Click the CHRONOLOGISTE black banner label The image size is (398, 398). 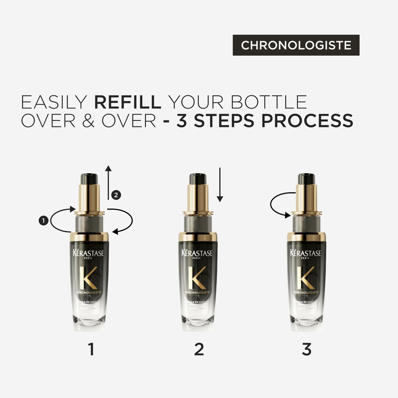pyautogui.click(x=296, y=45)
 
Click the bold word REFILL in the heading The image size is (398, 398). pyautogui.click(x=128, y=102)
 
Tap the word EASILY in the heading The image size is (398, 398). pyautogui.click(x=54, y=102)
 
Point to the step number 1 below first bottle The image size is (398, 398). pyautogui.click(x=91, y=350)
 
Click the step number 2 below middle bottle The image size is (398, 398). pyautogui.click(x=199, y=350)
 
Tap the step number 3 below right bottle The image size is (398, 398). pyautogui.click(x=306, y=350)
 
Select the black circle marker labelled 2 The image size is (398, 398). pyautogui.click(x=115, y=195)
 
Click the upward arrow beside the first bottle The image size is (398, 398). pyautogui.click(x=108, y=182)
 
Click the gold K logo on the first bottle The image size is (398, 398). pyautogui.click(x=89, y=277)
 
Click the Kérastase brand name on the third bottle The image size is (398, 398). pyautogui.click(x=305, y=253)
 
